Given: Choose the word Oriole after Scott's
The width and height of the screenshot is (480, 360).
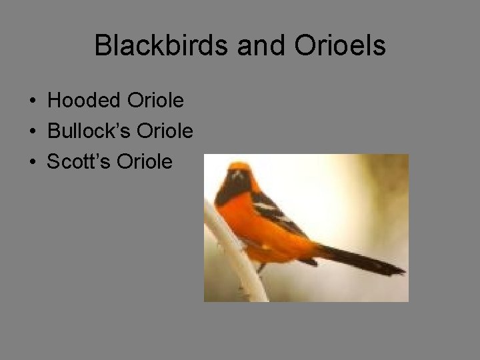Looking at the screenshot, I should (144, 161).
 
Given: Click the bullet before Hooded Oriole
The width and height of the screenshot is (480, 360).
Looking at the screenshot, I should (32, 102).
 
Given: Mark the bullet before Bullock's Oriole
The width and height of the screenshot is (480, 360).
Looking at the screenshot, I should (32, 132).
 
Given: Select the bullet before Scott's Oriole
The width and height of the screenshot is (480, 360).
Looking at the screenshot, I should (32, 162).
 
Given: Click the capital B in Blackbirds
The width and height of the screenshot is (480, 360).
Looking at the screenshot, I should (102, 45).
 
